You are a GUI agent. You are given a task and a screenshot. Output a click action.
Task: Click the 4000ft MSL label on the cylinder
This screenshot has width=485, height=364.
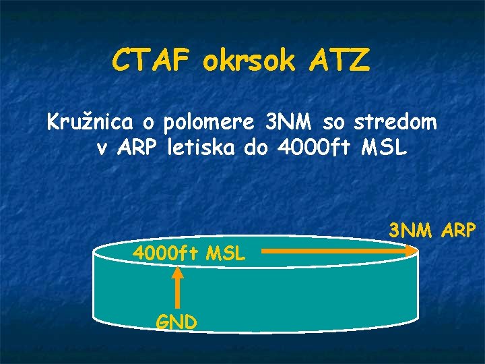191,254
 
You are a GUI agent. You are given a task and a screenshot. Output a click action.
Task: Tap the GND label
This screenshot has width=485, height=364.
176,322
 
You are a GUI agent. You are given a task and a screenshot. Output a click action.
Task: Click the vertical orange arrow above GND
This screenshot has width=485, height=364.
177,290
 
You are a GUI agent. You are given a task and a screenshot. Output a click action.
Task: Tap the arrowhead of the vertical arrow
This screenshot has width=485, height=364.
177,272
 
